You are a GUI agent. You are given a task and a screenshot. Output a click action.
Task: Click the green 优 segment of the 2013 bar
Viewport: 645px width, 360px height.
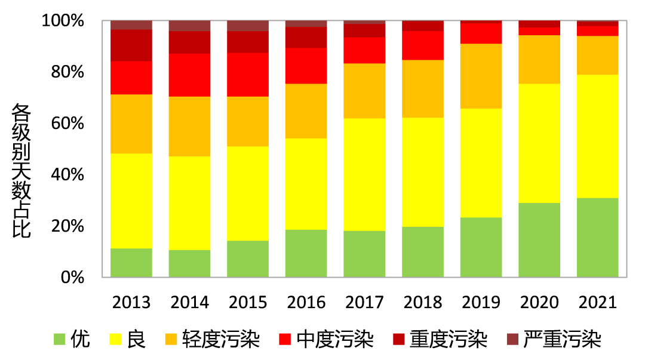(131, 263)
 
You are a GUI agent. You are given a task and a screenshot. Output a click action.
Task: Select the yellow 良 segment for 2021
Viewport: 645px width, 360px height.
(598, 136)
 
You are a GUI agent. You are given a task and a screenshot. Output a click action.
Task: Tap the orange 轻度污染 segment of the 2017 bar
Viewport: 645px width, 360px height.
(364, 91)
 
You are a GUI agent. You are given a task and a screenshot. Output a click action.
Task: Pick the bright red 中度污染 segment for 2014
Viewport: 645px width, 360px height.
(190, 75)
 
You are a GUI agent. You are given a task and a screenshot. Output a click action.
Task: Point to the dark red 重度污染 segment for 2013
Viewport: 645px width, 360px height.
(131, 45)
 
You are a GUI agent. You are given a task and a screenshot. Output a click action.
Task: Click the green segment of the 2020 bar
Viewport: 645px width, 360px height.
(539, 240)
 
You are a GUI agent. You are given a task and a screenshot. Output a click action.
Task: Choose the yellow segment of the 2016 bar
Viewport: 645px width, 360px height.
(306, 184)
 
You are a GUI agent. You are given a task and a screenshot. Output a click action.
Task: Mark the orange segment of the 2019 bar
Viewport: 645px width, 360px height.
(481, 76)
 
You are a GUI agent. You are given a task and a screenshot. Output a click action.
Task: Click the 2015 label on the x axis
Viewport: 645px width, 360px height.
(248, 303)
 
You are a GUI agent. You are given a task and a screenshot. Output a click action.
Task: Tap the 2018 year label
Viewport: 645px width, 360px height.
(423, 303)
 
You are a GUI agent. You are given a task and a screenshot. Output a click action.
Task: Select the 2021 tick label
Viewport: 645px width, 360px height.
(598, 303)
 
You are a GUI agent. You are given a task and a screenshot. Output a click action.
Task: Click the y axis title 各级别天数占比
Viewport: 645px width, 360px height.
(21, 170)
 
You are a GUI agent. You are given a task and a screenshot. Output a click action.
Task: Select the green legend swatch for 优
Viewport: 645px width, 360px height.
(59, 340)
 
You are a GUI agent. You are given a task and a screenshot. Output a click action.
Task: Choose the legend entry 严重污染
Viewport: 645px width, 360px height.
(562, 340)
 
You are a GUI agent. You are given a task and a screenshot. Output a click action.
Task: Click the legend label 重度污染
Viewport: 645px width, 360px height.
(449, 340)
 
